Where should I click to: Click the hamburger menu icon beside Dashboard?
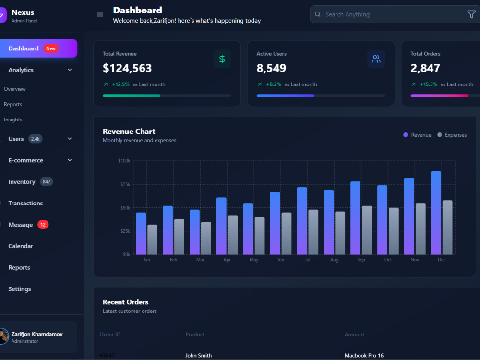coord(100,14)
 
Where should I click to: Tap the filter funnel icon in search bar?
coord(471,14)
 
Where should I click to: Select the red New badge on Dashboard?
coord(51,48)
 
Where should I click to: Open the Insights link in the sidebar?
coord(13,120)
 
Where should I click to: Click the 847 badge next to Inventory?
coord(47,182)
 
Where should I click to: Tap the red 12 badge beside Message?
coord(43,225)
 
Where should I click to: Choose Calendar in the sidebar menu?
coord(21,246)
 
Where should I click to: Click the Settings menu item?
coord(20,289)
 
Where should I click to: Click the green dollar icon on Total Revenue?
coord(222,59)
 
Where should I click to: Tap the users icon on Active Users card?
coord(376,59)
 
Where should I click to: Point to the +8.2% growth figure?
coord(274,84)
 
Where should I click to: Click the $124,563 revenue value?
coord(127,68)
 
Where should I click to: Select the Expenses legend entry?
coord(452,135)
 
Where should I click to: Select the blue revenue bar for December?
coord(436,213)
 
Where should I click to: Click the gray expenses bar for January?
coord(153,240)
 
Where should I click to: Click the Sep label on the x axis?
coord(361,260)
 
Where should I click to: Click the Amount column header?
coord(355,335)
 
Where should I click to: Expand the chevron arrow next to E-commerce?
coord(70,160)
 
